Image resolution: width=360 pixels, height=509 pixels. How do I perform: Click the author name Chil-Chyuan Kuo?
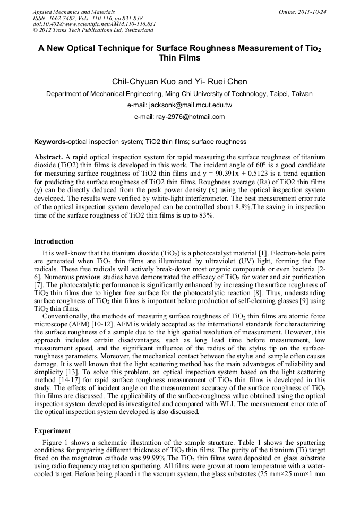pyautogui.click(x=143, y=82)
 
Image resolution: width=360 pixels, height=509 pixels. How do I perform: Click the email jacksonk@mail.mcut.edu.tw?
pyautogui.click(x=193, y=105)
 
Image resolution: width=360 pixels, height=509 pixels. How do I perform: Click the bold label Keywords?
pyautogui.click(x=50, y=142)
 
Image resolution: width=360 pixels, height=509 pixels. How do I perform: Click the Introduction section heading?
pyautogui.click(x=54, y=241)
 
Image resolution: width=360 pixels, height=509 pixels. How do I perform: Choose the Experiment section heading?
pyautogui.click(x=52, y=430)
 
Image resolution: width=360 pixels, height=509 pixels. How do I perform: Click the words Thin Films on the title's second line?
pyautogui.click(x=179, y=58)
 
